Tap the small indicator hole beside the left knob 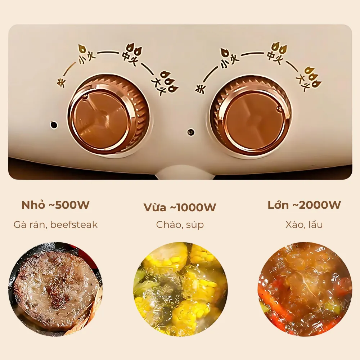(54, 125)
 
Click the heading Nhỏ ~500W (55, 205)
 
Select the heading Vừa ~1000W (180, 207)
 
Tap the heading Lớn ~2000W (304, 205)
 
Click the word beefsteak (74, 225)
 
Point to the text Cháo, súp (180, 225)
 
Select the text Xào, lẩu (304, 224)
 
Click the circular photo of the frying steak (55, 289)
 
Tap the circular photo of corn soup (180, 289)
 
